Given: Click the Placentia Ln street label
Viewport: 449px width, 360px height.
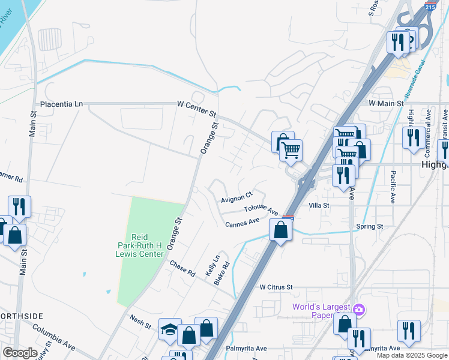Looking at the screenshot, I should point(61,104).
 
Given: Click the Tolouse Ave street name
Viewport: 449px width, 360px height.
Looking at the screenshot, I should point(261,211).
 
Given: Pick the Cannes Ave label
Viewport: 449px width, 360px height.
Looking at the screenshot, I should point(242,223).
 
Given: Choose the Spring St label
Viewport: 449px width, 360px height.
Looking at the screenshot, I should point(369,226).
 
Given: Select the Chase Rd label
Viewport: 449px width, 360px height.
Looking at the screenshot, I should point(182,269).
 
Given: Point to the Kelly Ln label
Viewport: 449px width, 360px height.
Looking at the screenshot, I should point(209,265).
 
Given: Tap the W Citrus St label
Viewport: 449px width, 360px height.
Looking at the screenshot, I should point(276,287).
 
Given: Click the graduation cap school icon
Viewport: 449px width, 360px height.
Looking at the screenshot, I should point(170,329).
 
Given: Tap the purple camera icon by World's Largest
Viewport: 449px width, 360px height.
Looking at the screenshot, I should point(359,309).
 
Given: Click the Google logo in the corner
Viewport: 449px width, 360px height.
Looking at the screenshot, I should point(20,353).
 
